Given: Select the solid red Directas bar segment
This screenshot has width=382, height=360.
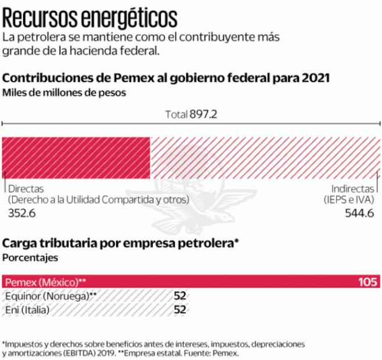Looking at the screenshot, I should pos(77,158).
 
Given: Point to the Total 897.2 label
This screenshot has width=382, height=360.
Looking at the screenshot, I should pos(191,114).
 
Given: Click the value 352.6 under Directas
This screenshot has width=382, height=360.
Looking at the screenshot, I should pos(21,213).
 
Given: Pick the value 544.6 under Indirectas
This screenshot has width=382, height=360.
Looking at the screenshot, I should pos(360,213).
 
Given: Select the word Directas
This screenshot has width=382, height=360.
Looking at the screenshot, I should pos(26,189).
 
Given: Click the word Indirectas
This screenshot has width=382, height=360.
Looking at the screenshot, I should pos(352,189).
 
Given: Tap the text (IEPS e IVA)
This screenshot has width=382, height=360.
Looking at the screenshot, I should pos(349,200).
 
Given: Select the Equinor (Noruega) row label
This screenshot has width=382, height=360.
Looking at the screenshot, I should pos(50,296).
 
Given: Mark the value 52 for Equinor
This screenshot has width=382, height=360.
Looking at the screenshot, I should pos(180,296).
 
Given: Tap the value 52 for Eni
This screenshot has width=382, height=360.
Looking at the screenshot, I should pos(180,310).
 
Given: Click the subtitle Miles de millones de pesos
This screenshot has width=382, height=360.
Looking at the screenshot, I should pos(64,92).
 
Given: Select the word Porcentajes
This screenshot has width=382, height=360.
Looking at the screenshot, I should pos(30,256).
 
